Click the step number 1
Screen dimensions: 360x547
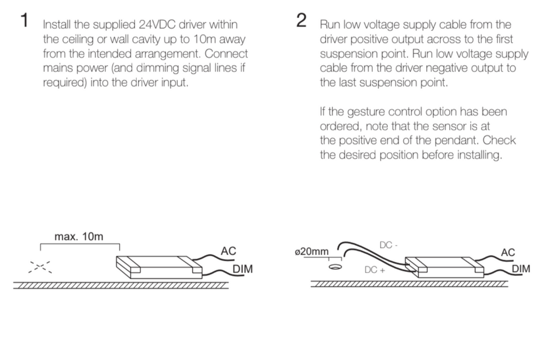click(24, 21)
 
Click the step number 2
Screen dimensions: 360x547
click(301, 21)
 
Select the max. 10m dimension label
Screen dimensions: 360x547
click(79, 237)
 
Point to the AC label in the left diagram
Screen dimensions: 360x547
click(228, 251)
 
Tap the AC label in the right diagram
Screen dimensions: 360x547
click(508, 252)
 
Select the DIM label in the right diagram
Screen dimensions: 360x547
click(521, 269)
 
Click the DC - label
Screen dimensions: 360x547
click(389, 245)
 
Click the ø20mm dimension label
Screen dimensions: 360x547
click(312, 251)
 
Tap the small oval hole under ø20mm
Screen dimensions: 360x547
click(335, 267)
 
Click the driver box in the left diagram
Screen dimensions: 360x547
click(159, 267)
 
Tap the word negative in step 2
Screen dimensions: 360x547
click(439, 68)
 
